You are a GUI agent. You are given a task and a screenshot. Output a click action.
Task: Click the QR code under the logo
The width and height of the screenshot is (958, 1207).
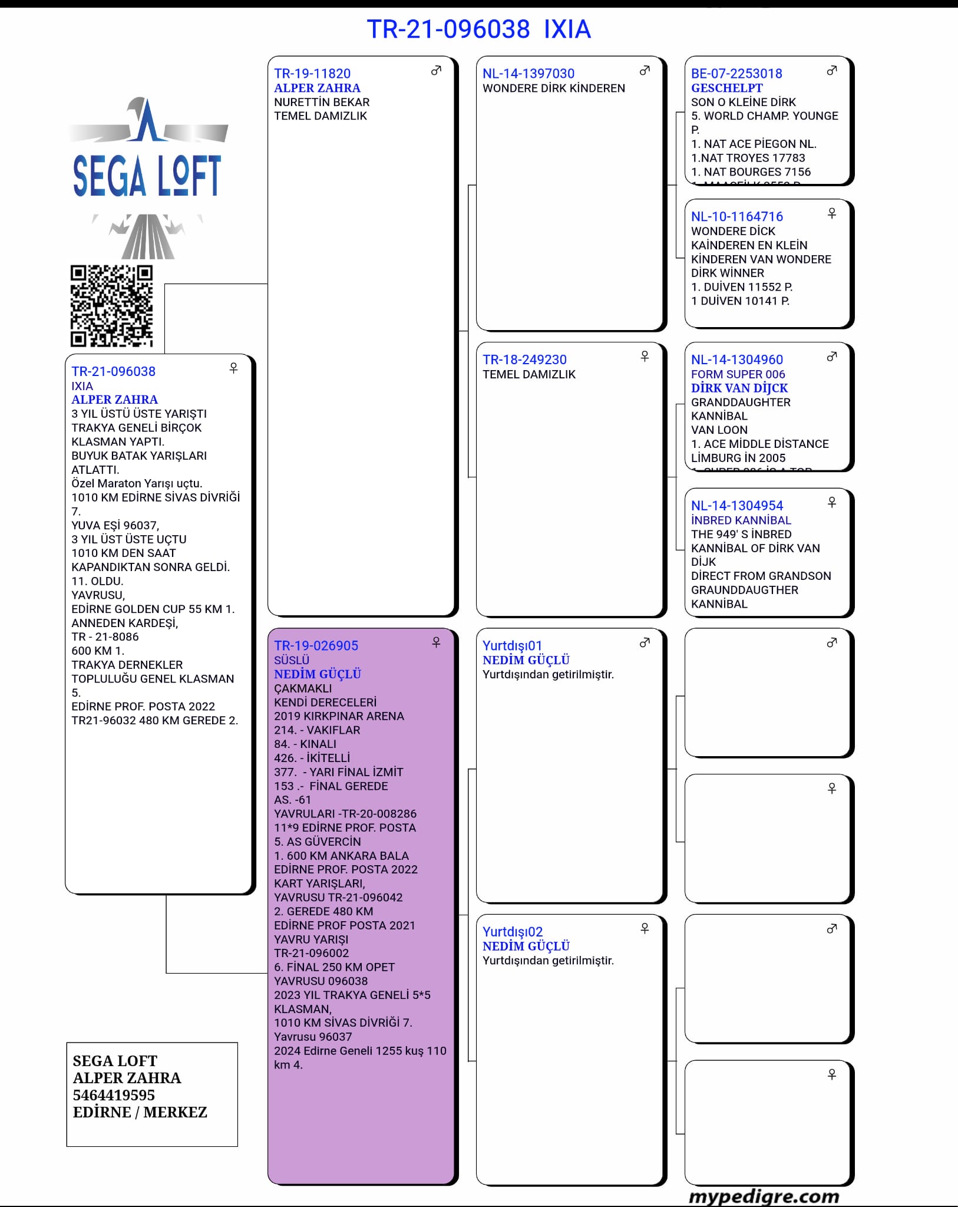tap(111, 306)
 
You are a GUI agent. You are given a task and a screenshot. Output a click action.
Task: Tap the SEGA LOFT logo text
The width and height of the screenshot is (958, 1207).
tap(147, 176)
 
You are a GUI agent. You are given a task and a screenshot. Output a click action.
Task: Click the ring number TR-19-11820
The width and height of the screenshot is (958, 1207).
tap(312, 74)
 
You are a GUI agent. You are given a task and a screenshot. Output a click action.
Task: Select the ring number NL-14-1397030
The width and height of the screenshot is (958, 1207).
tap(528, 74)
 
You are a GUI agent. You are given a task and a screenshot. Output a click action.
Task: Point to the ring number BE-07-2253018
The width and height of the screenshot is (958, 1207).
tap(736, 74)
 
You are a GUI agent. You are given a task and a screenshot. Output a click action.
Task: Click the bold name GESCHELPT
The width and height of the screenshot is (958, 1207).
tap(726, 88)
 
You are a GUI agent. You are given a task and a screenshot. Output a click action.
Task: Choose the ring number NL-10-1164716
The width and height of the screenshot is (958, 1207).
tap(737, 217)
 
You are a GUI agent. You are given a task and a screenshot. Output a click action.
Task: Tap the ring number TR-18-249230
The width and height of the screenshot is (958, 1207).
tap(524, 360)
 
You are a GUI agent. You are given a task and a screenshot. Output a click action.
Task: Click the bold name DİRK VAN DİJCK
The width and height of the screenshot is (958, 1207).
tap(739, 388)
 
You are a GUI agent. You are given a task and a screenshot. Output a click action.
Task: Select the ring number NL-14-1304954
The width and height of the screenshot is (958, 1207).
tap(737, 506)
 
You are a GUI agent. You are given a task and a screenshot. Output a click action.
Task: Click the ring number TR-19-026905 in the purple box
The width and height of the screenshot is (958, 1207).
tap(316, 645)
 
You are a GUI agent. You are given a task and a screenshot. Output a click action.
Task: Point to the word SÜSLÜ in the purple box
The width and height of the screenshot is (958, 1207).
tap(292, 660)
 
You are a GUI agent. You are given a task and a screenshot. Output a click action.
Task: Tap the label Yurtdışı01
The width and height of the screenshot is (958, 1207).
tap(512, 645)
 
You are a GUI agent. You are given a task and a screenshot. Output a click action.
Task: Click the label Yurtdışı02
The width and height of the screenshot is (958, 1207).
tap(513, 932)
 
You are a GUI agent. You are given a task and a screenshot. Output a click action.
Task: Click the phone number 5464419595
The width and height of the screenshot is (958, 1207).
tap(114, 1095)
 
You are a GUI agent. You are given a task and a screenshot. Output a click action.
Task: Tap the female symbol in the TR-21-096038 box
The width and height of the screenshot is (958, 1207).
tap(233, 368)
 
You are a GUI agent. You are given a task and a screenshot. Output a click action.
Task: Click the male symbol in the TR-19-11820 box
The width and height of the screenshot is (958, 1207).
tap(436, 71)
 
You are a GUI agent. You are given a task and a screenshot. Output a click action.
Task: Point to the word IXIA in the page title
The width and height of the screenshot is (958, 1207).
tap(567, 29)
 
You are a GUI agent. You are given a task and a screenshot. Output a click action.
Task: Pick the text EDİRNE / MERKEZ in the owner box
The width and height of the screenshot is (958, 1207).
tap(140, 1112)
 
